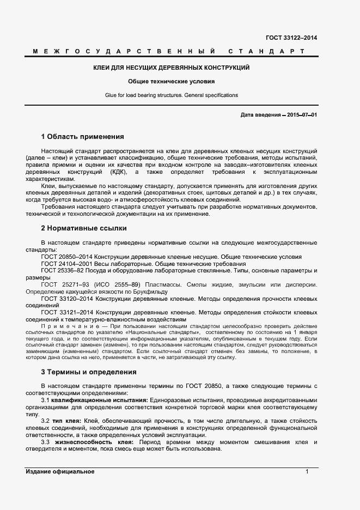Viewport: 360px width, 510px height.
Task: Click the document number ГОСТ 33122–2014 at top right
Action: click(x=291, y=38)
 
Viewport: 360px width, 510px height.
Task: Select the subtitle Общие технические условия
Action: click(x=171, y=81)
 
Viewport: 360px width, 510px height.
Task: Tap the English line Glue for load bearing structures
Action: click(x=171, y=95)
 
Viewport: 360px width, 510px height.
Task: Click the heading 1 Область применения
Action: click(x=82, y=136)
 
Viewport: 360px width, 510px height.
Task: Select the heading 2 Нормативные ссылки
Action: click(x=83, y=228)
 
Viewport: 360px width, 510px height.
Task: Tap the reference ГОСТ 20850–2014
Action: click(x=67, y=257)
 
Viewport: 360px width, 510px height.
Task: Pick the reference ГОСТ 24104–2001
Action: click(x=67, y=263)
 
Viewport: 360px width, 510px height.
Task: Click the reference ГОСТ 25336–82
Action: click(x=64, y=270)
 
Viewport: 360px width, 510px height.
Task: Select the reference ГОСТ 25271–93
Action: click(x=64, y=284)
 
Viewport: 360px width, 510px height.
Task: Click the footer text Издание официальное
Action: click(x=60, y=471)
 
